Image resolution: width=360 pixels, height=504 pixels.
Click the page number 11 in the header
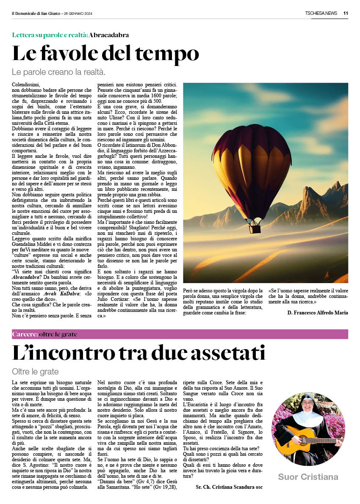click(346, 13)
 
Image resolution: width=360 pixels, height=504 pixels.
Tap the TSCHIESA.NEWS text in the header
click(321, 13)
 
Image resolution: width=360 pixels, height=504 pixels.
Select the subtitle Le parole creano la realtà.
click(58, 72)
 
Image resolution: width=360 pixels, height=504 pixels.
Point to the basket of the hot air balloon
click(255, 229)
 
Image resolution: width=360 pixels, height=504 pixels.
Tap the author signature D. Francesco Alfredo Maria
click(318, 313)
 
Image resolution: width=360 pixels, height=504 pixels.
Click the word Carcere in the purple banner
click(25, 334)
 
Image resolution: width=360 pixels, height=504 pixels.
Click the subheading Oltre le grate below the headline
click(35, 372)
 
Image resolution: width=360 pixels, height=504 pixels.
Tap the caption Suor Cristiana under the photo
click(308, 477)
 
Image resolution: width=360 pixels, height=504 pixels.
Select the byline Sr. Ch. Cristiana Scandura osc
click(229, 487)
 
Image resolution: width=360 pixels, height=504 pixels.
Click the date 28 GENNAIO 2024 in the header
click(78, 13)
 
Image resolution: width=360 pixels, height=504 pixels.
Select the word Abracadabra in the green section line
click(109, 35)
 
